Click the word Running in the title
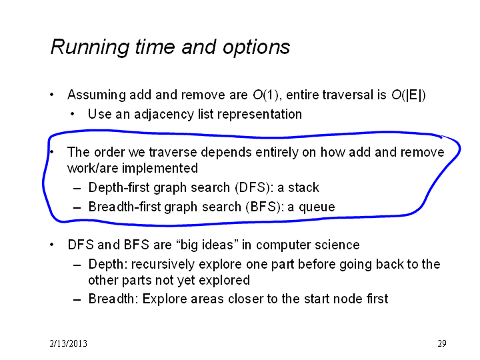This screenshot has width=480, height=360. pos(90,47)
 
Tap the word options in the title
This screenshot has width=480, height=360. pos(256,47)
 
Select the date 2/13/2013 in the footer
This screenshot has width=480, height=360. pos(68,343)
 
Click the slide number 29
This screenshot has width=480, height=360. pos(442,343)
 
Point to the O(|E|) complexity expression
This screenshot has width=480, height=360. pos(409,95)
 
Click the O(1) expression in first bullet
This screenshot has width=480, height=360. pos(265,95)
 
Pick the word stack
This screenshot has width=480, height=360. pos(303,187)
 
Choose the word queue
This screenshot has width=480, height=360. pos(317,207)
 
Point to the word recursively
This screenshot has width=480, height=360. pos(163,265)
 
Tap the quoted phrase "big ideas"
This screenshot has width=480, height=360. pos(207,245)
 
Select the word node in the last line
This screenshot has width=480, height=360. pos(346,299)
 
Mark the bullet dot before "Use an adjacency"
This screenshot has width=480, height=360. pos(72,115)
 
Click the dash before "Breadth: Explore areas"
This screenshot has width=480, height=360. pos(77,300)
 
